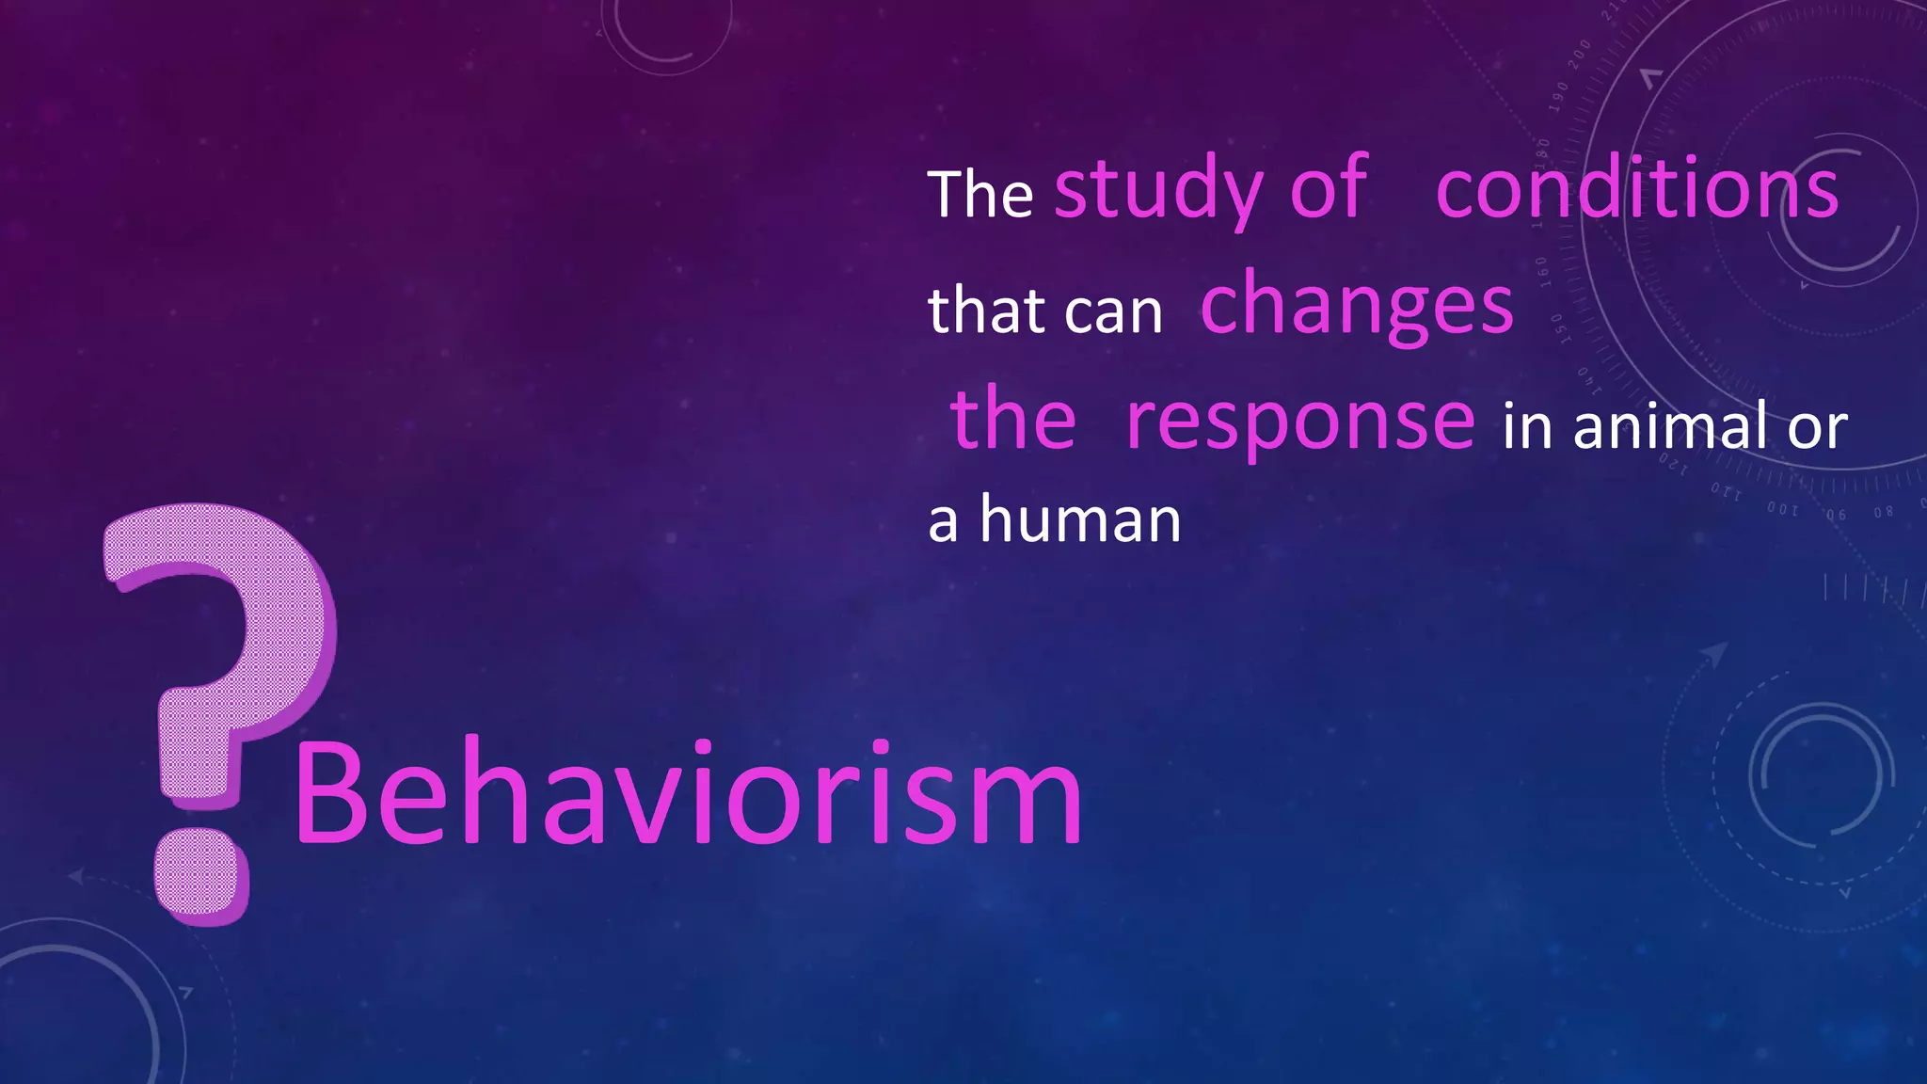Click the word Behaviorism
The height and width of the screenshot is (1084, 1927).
[687, 795]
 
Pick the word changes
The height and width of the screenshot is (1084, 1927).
[1357, 306]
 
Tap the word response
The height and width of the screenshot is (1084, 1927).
[1300, 421]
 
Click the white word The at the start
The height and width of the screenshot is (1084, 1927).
[980, 195]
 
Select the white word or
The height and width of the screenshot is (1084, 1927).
[1818, 428]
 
